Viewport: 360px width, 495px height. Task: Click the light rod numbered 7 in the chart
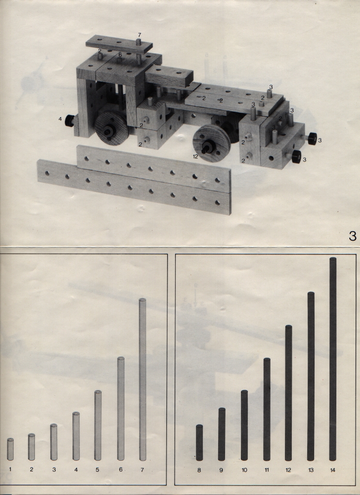point(143,379)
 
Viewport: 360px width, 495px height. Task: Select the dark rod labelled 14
point(333,359)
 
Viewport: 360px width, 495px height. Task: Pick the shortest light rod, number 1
point(11,449)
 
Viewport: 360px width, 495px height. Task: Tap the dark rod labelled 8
point(199,443)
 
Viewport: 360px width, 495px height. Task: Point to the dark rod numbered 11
point(267,409)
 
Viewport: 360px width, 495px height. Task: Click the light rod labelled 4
point(76,436)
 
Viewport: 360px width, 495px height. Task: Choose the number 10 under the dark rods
point(244,470)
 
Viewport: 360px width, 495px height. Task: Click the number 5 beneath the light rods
point(97,469)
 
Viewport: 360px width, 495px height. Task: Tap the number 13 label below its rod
point(311,470)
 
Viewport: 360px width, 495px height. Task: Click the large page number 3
point(353,236)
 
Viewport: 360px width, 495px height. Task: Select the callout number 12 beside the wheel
point(195,156)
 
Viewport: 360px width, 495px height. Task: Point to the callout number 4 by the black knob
point(60,119)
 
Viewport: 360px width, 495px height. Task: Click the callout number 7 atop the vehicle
point(139,35)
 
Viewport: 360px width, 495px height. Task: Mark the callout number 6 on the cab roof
point(120,55)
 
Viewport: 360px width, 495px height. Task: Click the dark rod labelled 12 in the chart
point(288,393)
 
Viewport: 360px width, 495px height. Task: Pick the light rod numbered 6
point(121,408)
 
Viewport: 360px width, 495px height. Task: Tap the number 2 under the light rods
point(31,469)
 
